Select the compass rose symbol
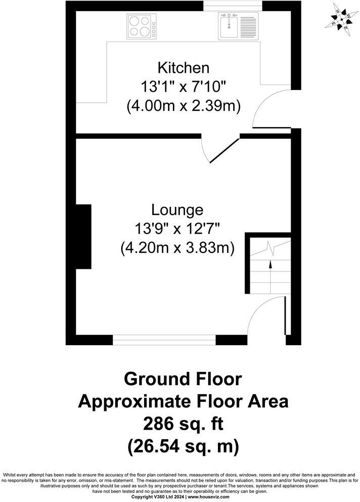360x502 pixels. [339, 19]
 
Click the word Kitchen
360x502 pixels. [183, 67]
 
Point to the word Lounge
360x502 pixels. [177, 210]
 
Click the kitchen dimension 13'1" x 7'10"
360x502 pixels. [183, 87]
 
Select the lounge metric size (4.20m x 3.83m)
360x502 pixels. [177, 248]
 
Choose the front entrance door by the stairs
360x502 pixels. [268, 316]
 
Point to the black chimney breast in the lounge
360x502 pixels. [83, 236]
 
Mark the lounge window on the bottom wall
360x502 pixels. [164, 340]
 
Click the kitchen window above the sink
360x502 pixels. [233, 6]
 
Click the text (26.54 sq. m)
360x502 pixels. [183, 446]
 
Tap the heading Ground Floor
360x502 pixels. [183, 379]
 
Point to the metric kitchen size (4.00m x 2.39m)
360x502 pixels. [183, 106]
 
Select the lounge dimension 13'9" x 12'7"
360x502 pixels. [177, 229]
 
